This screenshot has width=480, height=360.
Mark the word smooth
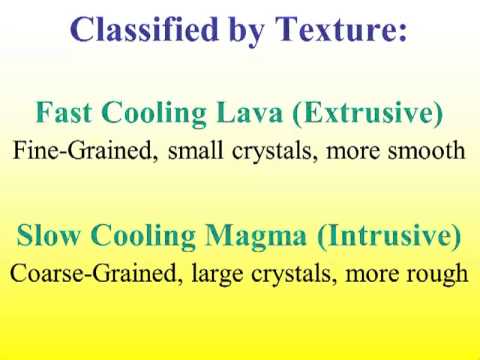[x=422, y=152]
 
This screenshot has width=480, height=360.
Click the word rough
[x=437, y=273]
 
